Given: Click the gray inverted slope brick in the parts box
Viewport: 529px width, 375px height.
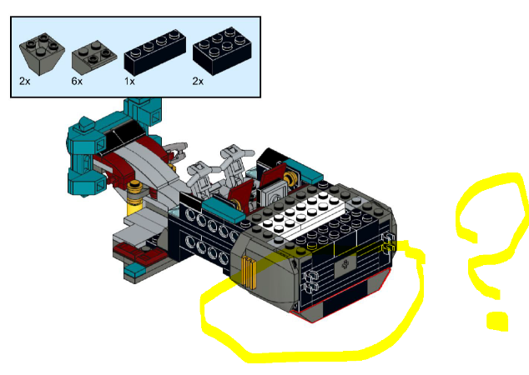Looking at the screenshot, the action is pyautogui.click(x=42, y=53).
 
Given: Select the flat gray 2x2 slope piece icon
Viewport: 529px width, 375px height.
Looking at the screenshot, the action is pyautogui.click(x=94, y=57).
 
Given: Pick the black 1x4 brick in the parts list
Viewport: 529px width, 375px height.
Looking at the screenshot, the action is pyautogui.click(x=155, y=52).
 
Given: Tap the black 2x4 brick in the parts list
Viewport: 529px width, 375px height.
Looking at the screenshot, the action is pyautogui.click(x=222, y=51).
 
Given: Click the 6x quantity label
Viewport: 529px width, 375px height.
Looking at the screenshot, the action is pyautogui.click(x=77, y=81).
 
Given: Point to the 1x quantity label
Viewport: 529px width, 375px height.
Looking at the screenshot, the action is pyautogui.click(x=129, y=81).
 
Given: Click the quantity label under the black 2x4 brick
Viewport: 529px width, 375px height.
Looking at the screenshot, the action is pyautogui.click(x=198, y=81).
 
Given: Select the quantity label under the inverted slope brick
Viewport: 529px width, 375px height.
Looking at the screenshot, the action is pyautogui.click(x=25, y=81).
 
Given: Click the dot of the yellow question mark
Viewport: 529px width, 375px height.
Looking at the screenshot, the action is pyautogui.click(x=497, y=321).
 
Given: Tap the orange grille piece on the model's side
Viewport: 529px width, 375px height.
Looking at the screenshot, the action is pyautogui.click(x=249, y=272).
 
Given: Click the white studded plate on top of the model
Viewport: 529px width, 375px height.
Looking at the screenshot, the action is pyautogui.click(x=300, y=216).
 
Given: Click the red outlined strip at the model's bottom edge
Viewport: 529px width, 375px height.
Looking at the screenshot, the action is pyautogui.click(x=340, y=297).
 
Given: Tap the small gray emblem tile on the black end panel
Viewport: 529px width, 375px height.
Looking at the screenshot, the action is pyautogui.click(x=344, y=264).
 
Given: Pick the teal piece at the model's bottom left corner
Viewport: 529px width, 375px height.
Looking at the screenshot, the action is pyautogui.click(x=135, y=269).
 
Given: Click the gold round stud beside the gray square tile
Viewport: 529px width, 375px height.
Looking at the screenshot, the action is pyautogui.click(x=291, y=177).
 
